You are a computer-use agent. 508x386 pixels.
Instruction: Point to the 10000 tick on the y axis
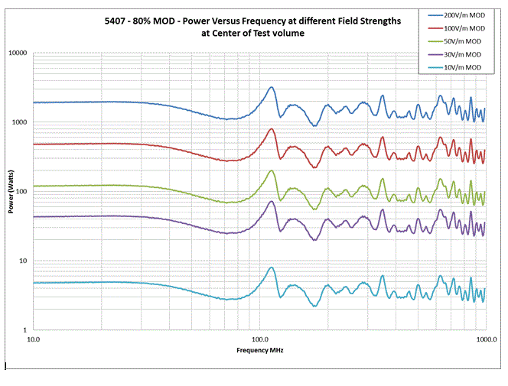[x=18, y=54]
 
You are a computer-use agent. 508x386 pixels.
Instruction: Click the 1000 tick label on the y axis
[x=20, y=122]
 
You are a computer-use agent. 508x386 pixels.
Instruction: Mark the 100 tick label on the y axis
[x=21, y=192]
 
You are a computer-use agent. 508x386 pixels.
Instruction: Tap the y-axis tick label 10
[x=24, y=261]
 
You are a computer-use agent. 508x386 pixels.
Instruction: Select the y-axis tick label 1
[x=26, y=330]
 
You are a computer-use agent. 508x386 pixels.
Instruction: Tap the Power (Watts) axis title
[x=11, y=192]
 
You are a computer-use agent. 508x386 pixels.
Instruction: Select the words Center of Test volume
[x=270, y=33]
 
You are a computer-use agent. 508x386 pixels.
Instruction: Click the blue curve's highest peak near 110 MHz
[x=272, y=87]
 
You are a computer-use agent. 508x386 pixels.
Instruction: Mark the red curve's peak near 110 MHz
[x=272, y=129]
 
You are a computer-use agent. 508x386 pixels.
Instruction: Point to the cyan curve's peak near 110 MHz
[x=272, y=268]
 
